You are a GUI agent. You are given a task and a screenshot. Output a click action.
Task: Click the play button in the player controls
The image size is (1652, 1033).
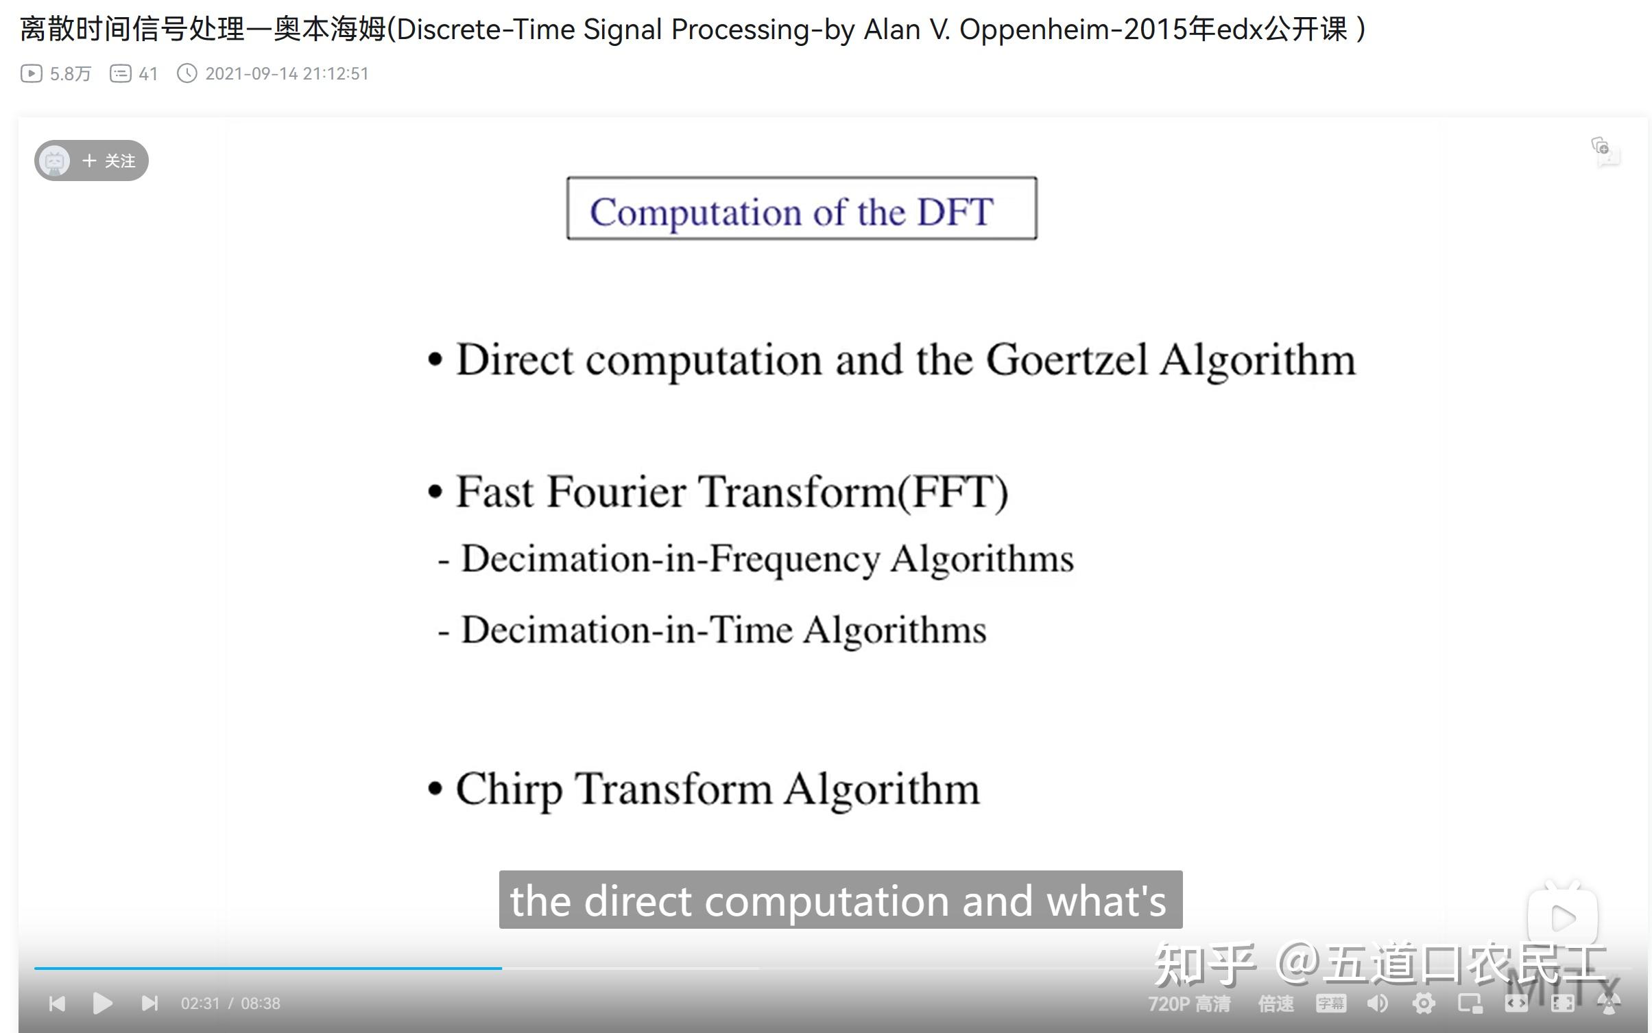click(102, 1004)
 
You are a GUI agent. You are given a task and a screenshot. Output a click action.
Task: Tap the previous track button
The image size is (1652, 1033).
click(58, 1004)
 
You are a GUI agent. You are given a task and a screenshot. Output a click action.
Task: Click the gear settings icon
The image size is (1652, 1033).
click(1424, 1004)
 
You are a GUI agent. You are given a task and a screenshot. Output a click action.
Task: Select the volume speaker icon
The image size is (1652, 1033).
click(1377, 1004)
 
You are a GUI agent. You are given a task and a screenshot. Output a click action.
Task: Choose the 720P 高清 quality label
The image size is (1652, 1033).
click(1189, 1004)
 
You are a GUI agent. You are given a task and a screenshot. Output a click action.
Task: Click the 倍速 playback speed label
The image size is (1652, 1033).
click(1276, 1004)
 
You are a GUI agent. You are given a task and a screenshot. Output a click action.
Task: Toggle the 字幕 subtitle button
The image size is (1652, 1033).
click(1331, 1004)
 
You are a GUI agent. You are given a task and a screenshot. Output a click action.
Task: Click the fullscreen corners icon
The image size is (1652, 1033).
click(1562, 1004)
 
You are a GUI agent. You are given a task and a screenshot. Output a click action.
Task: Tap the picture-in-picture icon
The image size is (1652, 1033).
click(1470, 1004)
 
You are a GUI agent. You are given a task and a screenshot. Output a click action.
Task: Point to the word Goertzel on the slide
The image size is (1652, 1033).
click(1066, 360)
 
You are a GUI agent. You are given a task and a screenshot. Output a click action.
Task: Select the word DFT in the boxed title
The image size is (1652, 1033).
click(955, 211)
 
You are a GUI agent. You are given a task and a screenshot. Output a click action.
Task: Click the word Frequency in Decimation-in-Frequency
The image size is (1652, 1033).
click(794, 559)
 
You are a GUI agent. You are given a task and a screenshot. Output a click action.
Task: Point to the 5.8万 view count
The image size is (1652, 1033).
click(70, 73)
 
